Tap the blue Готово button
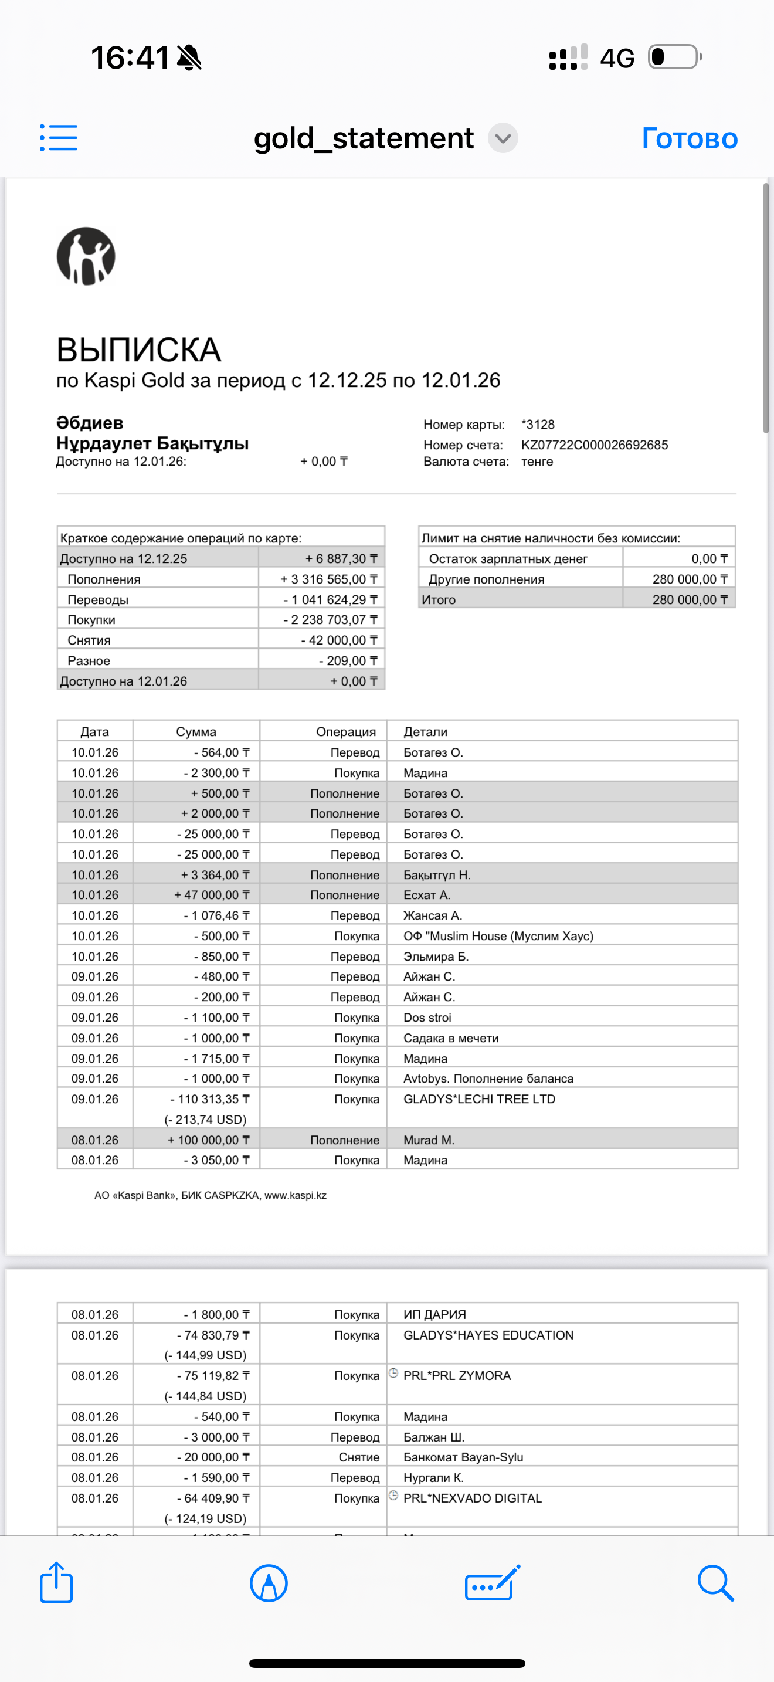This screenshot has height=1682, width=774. [x=689, y=138]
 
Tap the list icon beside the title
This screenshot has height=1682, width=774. [x=59, y=138]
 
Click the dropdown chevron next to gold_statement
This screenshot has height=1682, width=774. [x=503, y=138]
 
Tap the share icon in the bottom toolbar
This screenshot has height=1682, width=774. [x=56, y=1582]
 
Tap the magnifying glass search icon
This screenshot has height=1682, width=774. [x=715, y=1582]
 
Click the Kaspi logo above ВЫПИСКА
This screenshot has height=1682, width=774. [x=86, y=256]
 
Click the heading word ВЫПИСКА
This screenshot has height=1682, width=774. [x=138, y=350]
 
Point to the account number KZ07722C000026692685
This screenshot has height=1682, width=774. [x=594, y=445]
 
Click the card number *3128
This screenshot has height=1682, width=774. [x=538, y=425]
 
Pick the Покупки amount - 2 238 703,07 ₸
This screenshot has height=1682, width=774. [x=330, y=620]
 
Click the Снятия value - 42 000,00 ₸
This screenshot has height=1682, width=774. [x=339, y=640]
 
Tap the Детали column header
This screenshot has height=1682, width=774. [x=426, y=731]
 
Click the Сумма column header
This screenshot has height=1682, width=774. [x=196, y=731]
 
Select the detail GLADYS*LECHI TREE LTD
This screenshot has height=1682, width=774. [x=479, y=1099]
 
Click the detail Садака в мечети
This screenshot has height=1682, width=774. [x=451, y=1037]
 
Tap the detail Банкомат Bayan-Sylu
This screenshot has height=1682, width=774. [x=463, y=1457]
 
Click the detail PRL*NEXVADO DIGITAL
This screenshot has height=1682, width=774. [x=473, y=1498]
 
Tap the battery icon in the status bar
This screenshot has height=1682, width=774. [x=674, y=57]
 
